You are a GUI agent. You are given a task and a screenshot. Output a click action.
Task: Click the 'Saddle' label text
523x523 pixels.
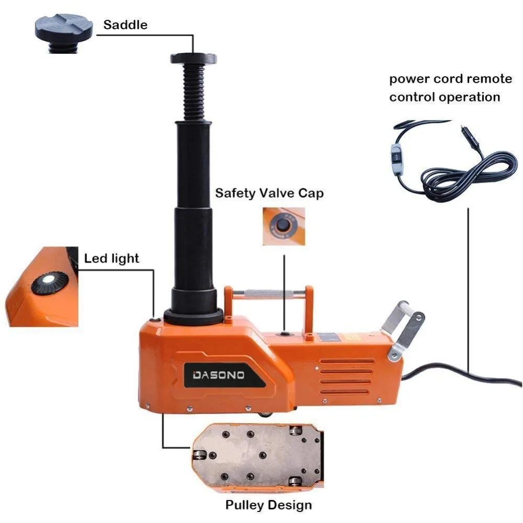pyautogui.click(x=125, y=25)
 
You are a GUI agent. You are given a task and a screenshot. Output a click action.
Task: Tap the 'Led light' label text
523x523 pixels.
pyautogui.click(x=111, y=258)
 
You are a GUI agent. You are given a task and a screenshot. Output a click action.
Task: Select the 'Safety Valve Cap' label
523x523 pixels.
pyautogui.click(x=269, y=194)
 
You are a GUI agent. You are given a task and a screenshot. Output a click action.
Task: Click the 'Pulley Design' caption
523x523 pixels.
pyautogui.click(x=268, y=505)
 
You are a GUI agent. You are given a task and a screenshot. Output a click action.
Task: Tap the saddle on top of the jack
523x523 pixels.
pyautogui.click(x=192, y=58)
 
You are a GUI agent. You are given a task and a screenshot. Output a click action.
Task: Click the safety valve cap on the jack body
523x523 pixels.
pyautogui.click(x=285, y=333)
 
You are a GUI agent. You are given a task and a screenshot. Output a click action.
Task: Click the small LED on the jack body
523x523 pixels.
pyautogui.click(x=154, y=321)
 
